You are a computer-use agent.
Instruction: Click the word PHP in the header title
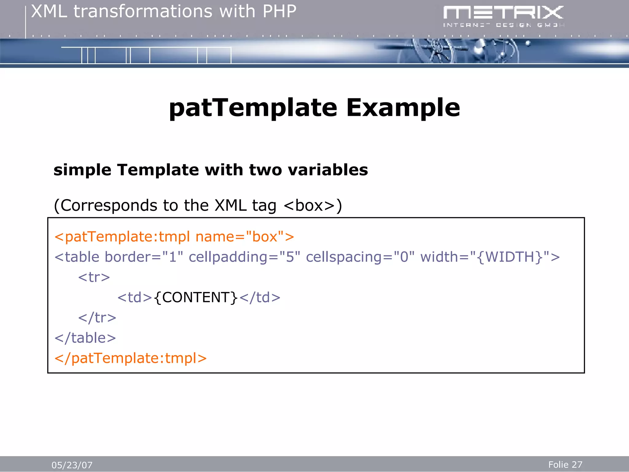pos(279,12)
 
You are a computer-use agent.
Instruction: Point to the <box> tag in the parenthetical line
pos(309,205)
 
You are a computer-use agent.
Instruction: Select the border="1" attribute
pos(144,257)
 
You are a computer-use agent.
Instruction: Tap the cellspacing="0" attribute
pos(360,257)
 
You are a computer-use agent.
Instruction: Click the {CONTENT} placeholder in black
pos(196,297)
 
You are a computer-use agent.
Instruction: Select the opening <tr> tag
pos(94,277)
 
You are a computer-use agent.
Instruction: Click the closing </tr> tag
pos(97,318)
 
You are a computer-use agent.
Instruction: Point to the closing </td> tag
pos(260,297)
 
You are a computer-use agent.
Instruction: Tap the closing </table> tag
pos(85,338)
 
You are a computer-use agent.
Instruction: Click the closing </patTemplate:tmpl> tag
pos(131,358)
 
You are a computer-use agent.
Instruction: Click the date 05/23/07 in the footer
pos(72,465)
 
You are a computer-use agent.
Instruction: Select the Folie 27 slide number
pos(565,464)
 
